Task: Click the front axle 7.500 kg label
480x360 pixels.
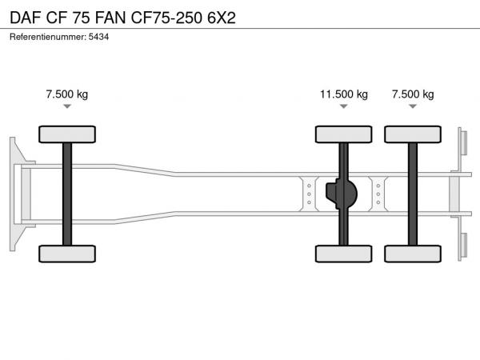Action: (x=67, y=94)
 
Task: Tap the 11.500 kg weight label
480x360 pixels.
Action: (x=344, y=94)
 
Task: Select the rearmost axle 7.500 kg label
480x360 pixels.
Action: (x=413, y=94)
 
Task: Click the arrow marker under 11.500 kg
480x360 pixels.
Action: (x=344, y=106)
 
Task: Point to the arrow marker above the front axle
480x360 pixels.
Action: (x=67, y=106)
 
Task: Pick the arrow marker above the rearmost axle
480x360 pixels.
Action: (x=413, y=106)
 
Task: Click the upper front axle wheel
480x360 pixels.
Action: (x=67, y=134)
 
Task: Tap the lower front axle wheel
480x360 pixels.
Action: (x=67, y=254)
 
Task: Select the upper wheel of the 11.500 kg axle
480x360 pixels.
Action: (x=344, y=134)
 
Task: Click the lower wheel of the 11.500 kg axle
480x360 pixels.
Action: (x=344, y=254)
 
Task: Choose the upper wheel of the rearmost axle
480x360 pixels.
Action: (x=413, y=134)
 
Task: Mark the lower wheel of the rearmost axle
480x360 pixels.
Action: (x=413, y=254)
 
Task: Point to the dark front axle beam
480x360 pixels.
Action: (x=67, y=194)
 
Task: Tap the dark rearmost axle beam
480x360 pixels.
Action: (x=413, y=194)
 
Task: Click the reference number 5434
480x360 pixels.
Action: (x=98, y=37)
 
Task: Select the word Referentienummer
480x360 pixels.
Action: (x=47, y=37)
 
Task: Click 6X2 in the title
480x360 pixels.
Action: (x=222, y=18)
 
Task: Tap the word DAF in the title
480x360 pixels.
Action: (x=26, y=18)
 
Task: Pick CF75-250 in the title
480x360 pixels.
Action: (x=166, y=18)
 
